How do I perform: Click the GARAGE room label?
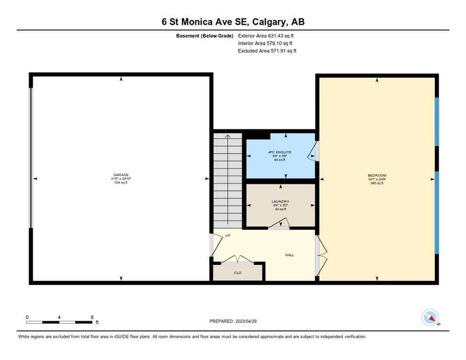click(x=121, y=175)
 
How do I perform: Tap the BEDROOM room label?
click(x=377, y=175)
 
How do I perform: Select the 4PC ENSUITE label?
click(x=280, y=152)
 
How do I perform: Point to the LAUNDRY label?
click(x=280, y=202)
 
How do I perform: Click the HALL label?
click(x=289, y=255)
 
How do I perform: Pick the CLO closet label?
click(x=238, y=273)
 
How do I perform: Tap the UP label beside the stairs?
click(x=228, y=236)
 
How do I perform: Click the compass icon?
click(x=430, y=317)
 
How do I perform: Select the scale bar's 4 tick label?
click(x=59, y=317)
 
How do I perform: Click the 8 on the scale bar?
click(x=92, y=317)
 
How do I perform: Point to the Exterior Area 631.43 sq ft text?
click(x=266, y=36)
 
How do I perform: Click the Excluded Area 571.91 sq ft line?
click(x=267, y=51)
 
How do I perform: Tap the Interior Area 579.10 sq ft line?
click(x=265, y=44)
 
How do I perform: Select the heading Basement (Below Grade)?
click(x=205, y=36)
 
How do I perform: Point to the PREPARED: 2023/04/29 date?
click(x=233, y=322)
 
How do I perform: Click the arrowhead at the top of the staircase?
click(x=228, y=136)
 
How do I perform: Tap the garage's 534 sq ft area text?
click(x=121, y=182)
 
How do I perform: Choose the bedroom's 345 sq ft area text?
click(x=377, y=183)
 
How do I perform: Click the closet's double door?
click(x=237, y=260)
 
